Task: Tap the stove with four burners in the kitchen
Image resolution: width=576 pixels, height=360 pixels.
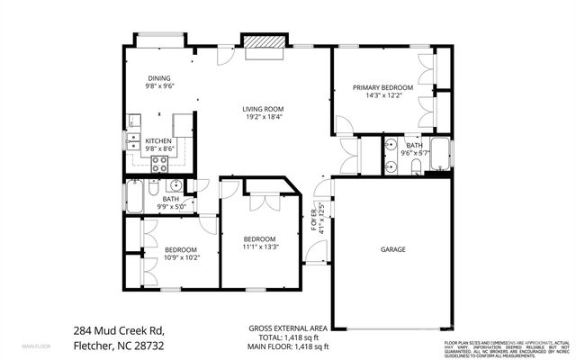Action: [159, 163]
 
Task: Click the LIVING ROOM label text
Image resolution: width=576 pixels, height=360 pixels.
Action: [262, 110]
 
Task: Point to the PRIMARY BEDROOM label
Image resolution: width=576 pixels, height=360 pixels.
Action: [382, 87]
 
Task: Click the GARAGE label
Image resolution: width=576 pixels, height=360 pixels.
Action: [392, 249]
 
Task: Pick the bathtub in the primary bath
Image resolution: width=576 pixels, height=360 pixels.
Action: [439, 154]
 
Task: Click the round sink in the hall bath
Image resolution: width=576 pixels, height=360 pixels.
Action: [176, 186]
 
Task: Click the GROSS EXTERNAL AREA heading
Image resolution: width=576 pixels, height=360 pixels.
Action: [287, 328]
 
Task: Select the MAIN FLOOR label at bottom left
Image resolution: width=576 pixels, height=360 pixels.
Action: [36, 346]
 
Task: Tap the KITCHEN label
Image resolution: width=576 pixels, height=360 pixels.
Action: [159, 141]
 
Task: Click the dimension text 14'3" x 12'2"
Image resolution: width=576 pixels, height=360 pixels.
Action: [382, 95]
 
